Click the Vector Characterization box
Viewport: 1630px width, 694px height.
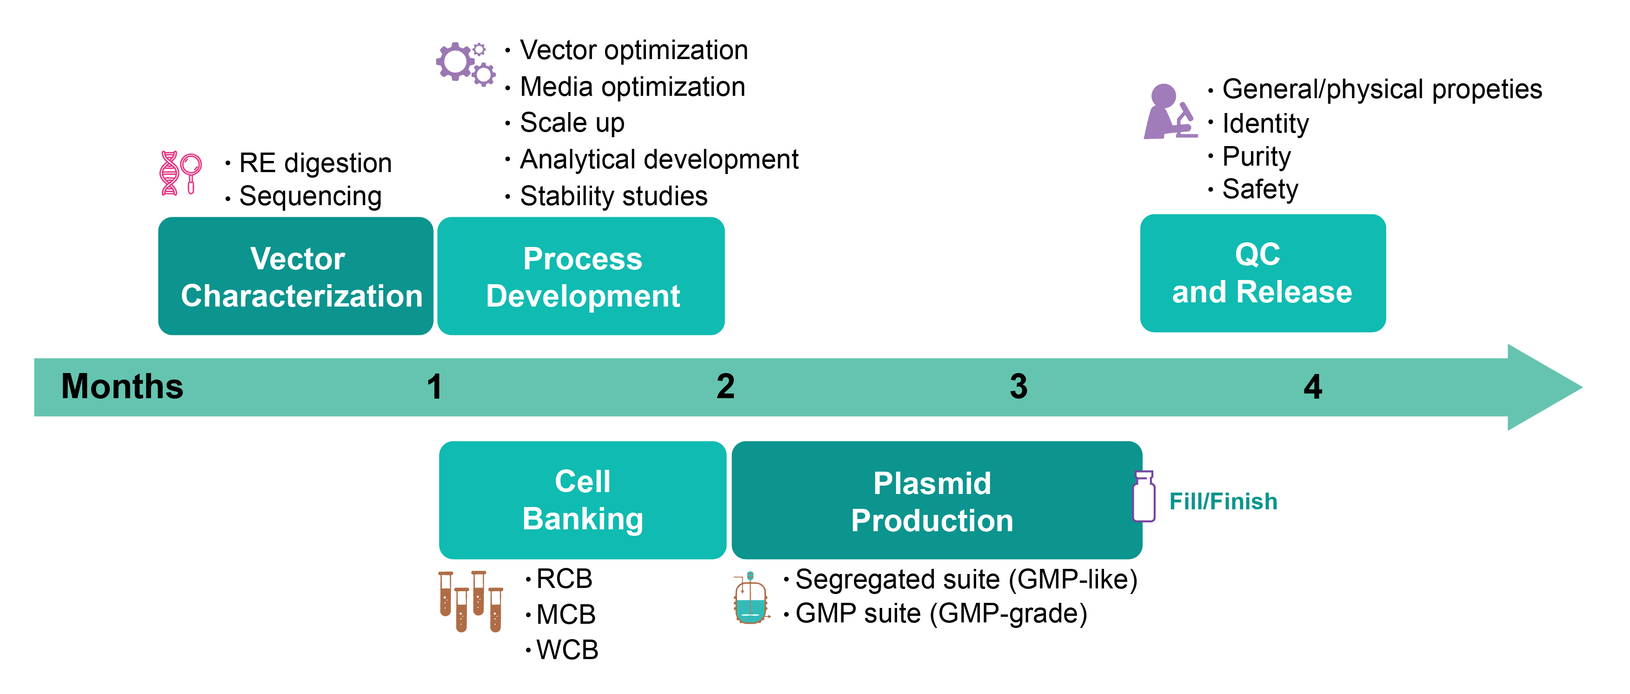295,276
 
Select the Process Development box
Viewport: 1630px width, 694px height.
581,276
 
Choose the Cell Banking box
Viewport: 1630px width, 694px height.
582,500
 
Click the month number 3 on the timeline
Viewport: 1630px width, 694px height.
1018,387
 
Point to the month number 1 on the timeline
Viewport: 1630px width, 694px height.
434,387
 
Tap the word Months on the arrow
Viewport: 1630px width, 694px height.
122,387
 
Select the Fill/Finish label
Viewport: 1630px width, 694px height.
1223,501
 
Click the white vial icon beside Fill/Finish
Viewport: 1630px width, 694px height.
1144,497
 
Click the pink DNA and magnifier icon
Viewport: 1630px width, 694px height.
180,173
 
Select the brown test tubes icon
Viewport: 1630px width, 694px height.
471,601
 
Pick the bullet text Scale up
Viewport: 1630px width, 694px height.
572,123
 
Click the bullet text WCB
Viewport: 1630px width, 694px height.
566,650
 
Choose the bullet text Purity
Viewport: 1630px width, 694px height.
1256,156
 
